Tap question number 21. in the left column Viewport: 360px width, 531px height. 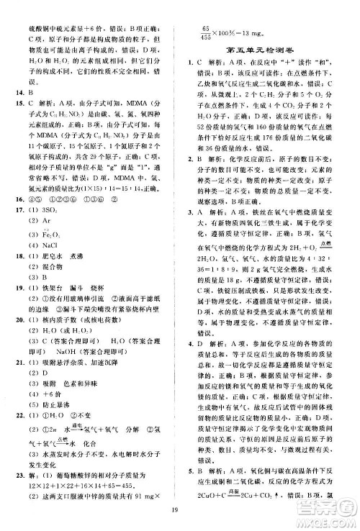coord(15,378)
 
